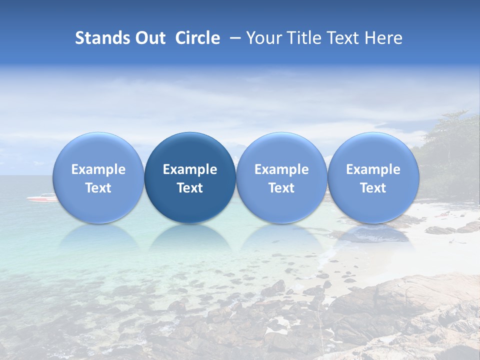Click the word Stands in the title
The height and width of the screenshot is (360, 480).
coord(100,38)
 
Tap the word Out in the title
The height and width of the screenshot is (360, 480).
coord(149,38)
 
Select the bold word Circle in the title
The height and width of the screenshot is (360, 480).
coord(197,38)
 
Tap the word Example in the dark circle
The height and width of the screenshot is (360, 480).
coord(190,169)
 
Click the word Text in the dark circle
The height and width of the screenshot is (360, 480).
coord(190,188)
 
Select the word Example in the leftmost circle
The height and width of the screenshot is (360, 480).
coord(98,169)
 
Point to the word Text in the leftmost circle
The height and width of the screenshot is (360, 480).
coord(98,188)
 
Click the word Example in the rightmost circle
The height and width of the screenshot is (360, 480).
coord(373,169)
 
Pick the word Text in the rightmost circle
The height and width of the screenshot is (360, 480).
coord(373,188)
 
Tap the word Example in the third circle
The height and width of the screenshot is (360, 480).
coord(281,169)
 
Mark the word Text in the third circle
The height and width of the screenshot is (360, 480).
coord(281,188)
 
